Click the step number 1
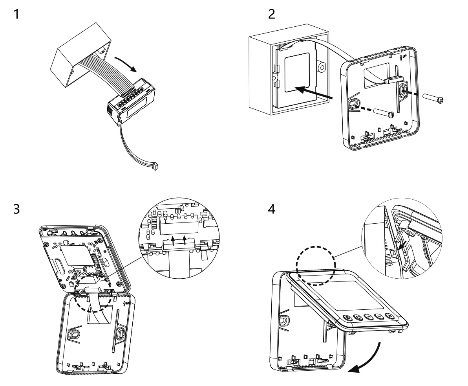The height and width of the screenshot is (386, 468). pos(16,15)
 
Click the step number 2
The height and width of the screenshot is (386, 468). pos(271,15)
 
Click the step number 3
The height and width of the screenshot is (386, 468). pos(16,209)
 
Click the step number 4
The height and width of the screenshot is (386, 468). pos(271,209)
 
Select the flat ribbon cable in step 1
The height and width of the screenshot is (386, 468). pos(100,70)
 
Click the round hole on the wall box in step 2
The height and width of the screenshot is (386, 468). pos(321,67)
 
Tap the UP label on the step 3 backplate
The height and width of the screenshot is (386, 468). pos(126,303)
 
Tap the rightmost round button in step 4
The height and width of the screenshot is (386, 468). pos(389,316)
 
